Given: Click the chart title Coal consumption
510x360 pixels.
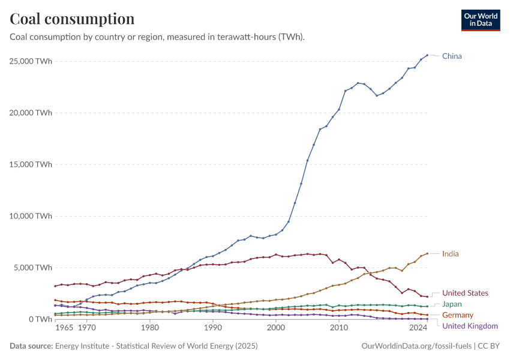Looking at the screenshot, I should pos(72,19).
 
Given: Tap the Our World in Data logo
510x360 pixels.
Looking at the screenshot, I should pos(480,20).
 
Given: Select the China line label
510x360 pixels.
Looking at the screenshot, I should pos(452,56).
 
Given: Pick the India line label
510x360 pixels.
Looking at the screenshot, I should pos(450,254).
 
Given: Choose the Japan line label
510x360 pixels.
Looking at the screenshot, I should pos(452,304).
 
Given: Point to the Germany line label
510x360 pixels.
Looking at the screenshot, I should pos(458,315).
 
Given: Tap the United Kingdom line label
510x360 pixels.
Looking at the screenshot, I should pos(470,326).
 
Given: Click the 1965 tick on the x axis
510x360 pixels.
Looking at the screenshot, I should pos(64,329).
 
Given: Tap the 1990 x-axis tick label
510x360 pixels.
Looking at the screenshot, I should pos(212,329).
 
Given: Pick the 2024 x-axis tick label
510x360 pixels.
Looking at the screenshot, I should pos(418,329).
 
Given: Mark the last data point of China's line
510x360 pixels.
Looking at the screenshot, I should pos(427,55).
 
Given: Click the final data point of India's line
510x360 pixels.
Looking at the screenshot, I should pos(427,253).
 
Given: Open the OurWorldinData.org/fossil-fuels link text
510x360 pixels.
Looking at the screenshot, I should pos(417,346).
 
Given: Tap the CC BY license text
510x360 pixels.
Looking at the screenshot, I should pos(488,346).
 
